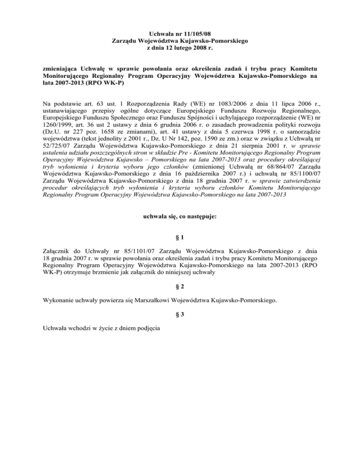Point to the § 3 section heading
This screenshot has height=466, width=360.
180,316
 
